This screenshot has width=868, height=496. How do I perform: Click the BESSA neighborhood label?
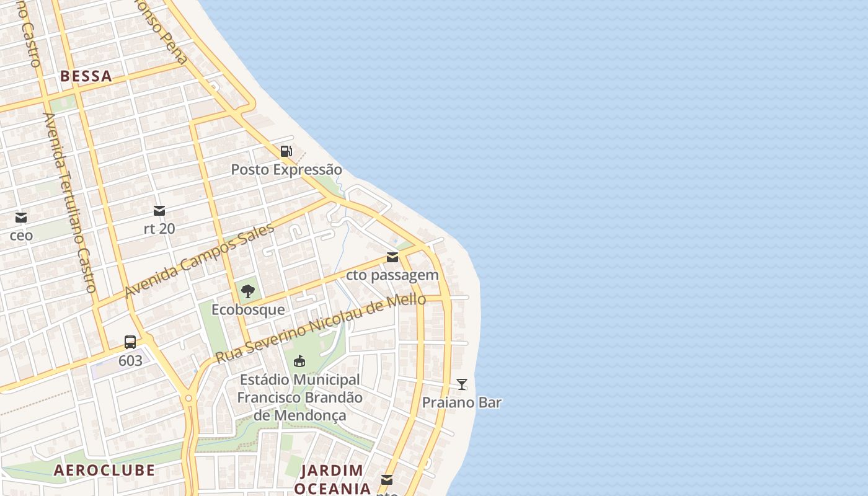(86, 76)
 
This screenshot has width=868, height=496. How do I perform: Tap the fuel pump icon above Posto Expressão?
(286, 151)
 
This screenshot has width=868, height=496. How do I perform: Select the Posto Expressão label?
(286, 169)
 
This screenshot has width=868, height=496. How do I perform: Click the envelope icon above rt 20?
(159, 211)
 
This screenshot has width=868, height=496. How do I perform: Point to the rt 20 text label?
(159, 229)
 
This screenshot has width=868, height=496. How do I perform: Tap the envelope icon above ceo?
(21, 218)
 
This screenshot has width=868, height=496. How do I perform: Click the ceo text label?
(21, 236)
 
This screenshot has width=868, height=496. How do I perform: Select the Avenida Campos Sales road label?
(199, 261)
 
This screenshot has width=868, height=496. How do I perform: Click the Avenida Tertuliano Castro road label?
(69, 202)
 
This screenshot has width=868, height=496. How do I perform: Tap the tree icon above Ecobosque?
(248, 291)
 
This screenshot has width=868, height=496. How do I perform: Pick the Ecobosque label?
(248, 309)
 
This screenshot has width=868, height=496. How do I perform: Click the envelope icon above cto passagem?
(392, 257)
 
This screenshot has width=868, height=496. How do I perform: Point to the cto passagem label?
(392, 275)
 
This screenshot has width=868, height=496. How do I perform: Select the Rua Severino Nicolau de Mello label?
(321, 329)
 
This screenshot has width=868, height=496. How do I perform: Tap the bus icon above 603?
(130, 342)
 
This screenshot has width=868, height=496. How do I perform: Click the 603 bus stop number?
(130, 360)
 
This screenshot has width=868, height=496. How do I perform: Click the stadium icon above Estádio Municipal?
(299, 361)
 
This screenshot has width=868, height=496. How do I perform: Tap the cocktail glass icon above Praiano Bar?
(461, 384)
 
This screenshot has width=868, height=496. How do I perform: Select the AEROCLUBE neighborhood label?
(104, 470)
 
